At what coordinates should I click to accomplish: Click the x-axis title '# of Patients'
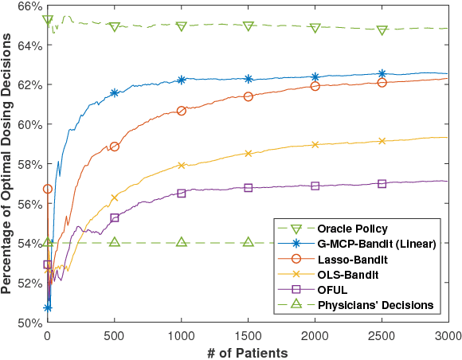[x=248, y=350]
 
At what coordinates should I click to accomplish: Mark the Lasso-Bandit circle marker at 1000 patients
[x=182, y=111]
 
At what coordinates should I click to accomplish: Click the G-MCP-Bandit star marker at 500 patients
[x=115, y=93]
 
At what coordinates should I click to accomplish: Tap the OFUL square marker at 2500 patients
[x=382, y=183]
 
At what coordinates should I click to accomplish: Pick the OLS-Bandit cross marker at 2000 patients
[x=315, y=145]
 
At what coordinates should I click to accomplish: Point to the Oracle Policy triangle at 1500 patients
[x=249, y=26]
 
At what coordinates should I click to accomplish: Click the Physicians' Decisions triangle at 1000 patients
[x=182, y=242]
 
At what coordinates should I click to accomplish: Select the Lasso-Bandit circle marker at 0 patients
[x=48, y=189]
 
